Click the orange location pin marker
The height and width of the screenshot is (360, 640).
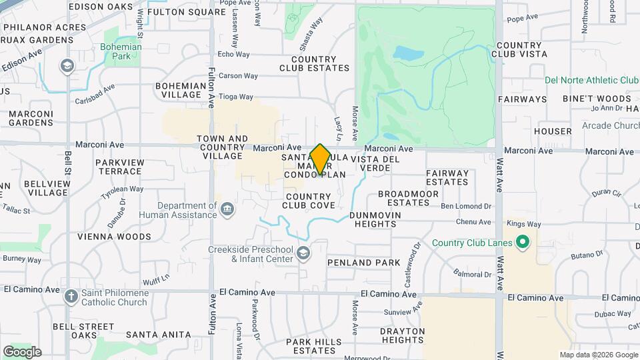coord(320,159)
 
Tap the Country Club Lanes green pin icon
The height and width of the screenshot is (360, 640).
coord(523,242)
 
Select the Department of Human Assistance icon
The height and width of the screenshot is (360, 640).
coord(227,210)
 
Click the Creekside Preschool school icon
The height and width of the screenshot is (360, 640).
coord(303,253)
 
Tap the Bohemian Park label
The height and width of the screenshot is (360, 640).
coord(121,52)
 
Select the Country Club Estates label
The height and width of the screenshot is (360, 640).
coord(314,63)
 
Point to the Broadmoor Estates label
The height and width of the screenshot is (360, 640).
coord(408,198)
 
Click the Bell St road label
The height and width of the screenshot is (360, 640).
coord(68,159)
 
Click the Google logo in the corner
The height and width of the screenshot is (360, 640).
coord(22,351)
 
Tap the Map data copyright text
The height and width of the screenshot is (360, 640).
coord(598,355)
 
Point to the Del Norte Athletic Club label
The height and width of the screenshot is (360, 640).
coord(591,80)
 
